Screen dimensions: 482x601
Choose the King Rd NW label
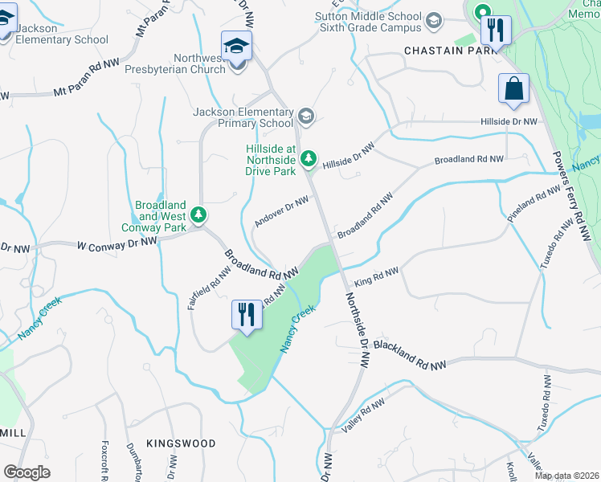(x=376, y=276)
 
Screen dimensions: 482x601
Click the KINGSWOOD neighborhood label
(x=181, y=443)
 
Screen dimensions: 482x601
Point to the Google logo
(x=27, y=472)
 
